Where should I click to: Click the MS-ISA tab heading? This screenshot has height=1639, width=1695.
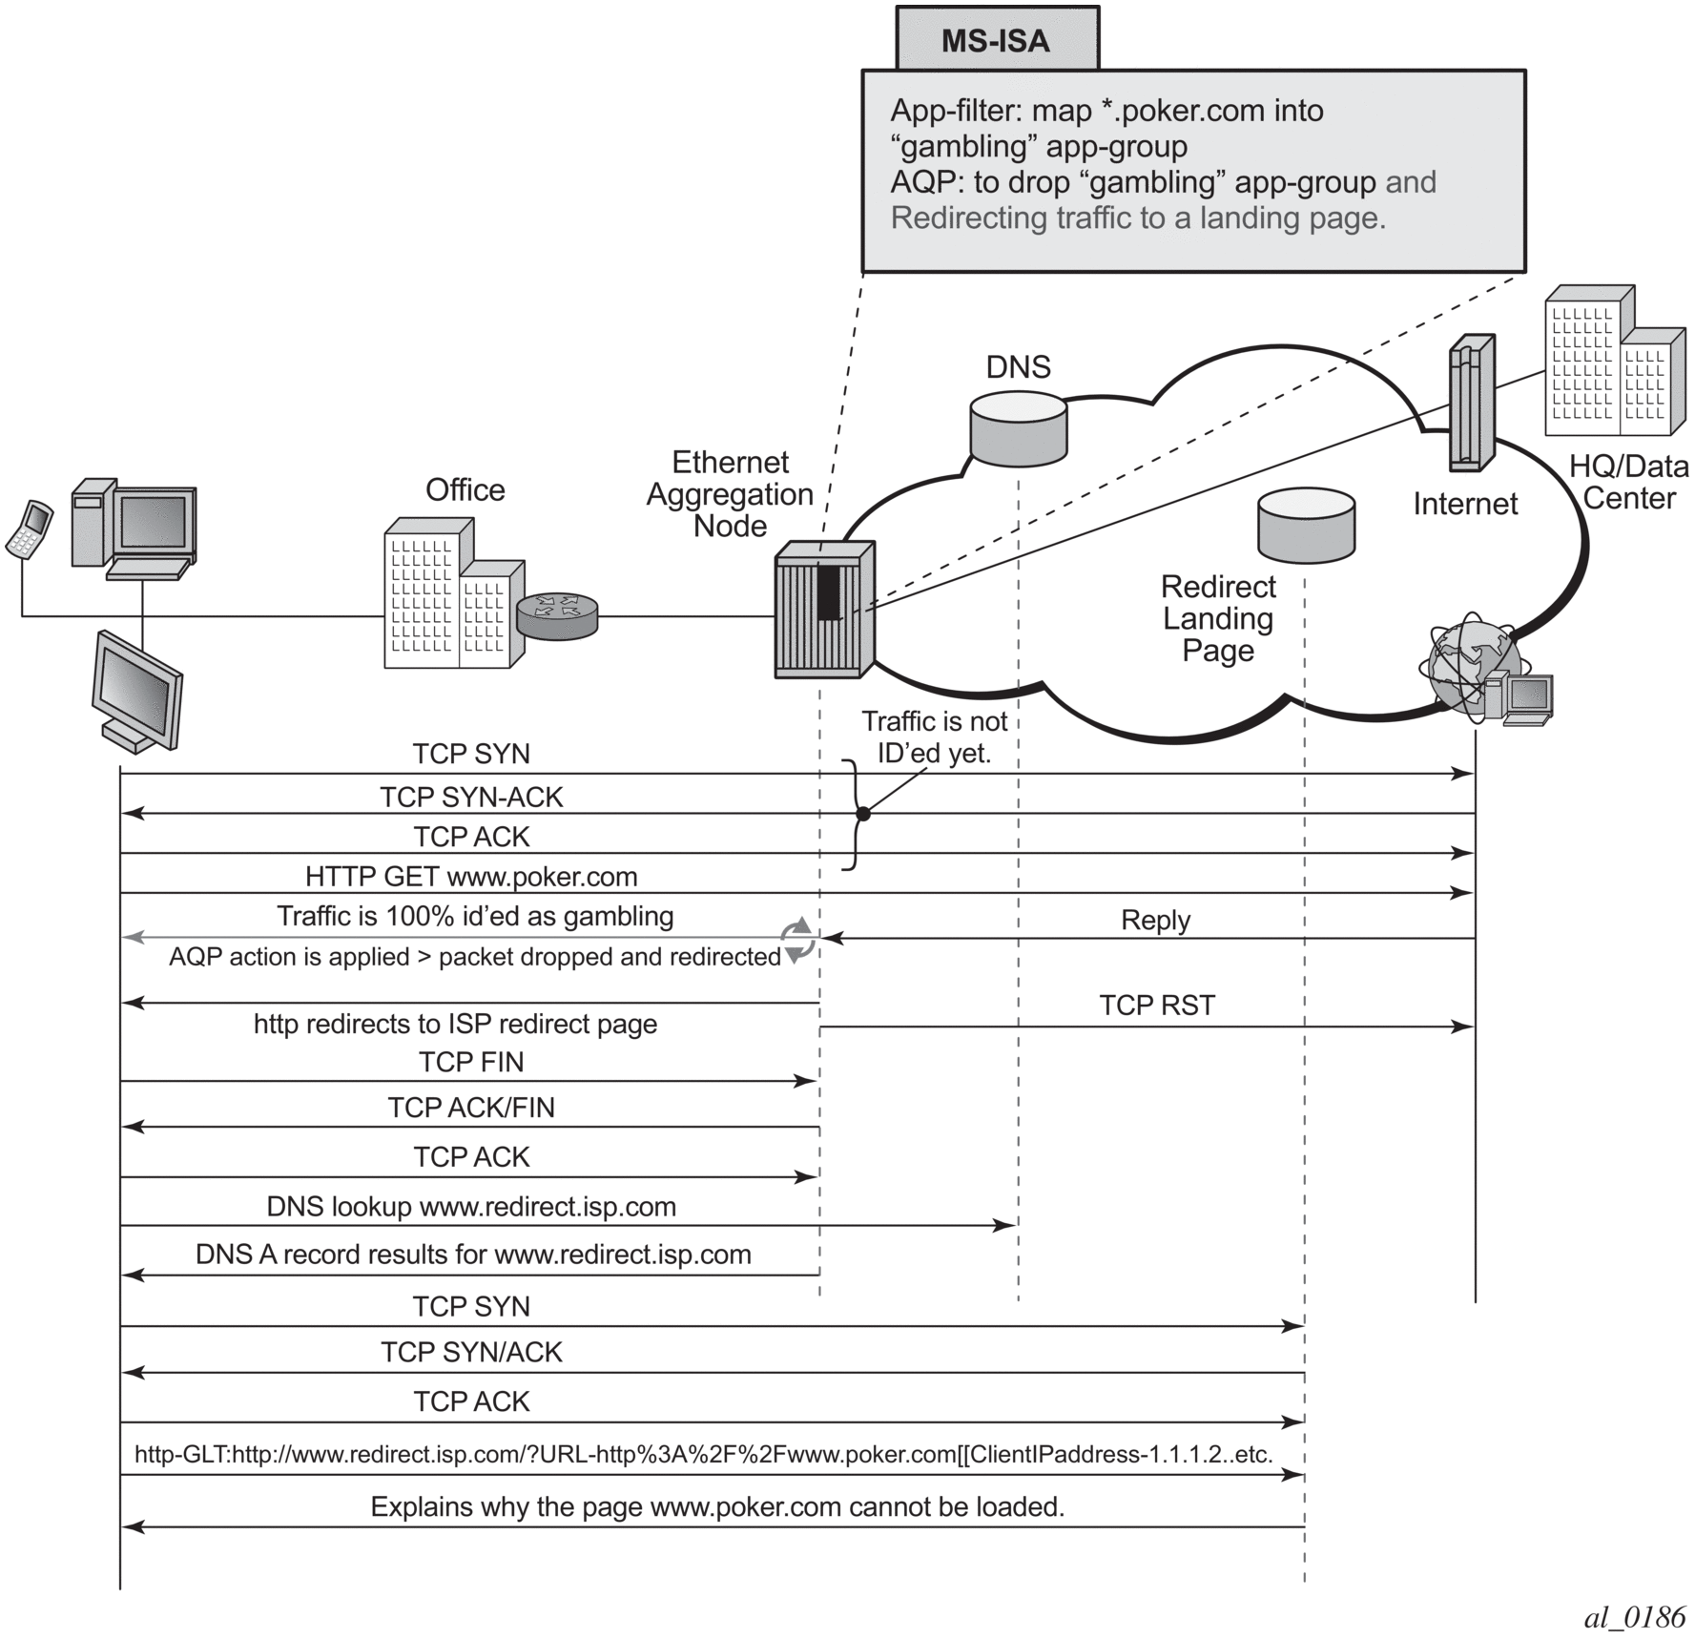[x=996, y=41]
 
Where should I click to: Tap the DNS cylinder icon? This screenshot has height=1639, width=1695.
[x=1018, y=428]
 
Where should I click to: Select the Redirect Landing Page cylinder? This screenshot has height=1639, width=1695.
[x=1306, y=526]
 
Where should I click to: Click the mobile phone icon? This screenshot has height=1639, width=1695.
[x=30, y=529]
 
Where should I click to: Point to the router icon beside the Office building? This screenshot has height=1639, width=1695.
[x=557, y=615]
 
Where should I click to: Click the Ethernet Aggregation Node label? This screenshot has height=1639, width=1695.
[x=730, y=494]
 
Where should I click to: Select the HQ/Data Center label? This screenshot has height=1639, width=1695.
[x=1628, y=482]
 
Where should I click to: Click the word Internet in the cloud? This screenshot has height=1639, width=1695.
[x=1465, y=504]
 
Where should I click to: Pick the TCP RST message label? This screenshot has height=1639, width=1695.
[x=1157, y=1006]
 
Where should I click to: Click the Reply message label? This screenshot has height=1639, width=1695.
[x=1155, y=921]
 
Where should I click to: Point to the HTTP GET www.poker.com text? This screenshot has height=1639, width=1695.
[x=471, y=877]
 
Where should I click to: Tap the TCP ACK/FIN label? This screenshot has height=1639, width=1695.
[x=471, y=1108]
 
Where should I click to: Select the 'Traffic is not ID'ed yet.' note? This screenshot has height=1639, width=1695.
[x=935, y=737]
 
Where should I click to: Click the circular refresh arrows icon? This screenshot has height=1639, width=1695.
[x=798, y=941]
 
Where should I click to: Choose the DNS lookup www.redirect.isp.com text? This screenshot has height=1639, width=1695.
[x=471, y=1207]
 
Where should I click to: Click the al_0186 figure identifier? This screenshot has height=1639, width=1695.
[x=1635, y=1617]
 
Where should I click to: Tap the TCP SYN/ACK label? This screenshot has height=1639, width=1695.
[x=471, y=1353]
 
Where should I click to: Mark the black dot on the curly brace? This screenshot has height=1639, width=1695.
[x=863, y=814]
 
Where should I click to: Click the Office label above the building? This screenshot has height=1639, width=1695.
[x=465, y=490]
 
